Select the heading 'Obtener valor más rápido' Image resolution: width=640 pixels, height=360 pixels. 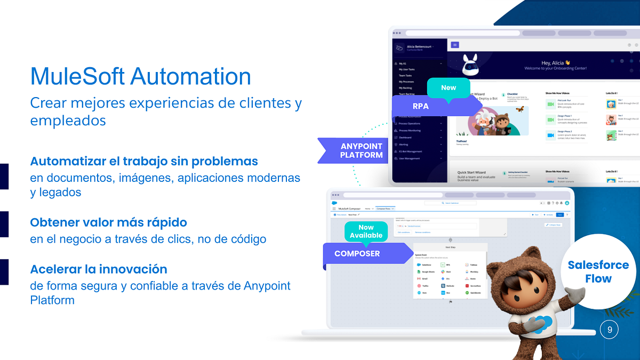[x=108, y=222]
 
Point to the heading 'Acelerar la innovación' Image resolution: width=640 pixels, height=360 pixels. [x=99, y=269]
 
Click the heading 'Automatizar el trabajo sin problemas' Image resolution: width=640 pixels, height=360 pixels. [x=144, y=161]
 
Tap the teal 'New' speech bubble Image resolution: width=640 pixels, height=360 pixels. [x=449, y=87]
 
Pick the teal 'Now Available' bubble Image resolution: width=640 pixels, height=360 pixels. [x=366, y=231]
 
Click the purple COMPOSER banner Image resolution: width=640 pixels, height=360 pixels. [x=357, y=253]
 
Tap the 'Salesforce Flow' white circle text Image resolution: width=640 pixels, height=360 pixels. [x=597, y=271]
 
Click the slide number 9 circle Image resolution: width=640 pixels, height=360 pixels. [x=609, y=330]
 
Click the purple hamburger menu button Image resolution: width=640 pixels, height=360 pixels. [x=455, y=45]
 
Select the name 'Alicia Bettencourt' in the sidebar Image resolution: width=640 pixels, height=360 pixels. [x=419, y=47]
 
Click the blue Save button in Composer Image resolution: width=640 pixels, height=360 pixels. [x=559, y=214]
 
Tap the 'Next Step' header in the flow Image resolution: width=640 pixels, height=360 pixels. [x=451, y=248]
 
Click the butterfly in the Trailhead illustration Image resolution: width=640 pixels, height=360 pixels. [x=519, y=109]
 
